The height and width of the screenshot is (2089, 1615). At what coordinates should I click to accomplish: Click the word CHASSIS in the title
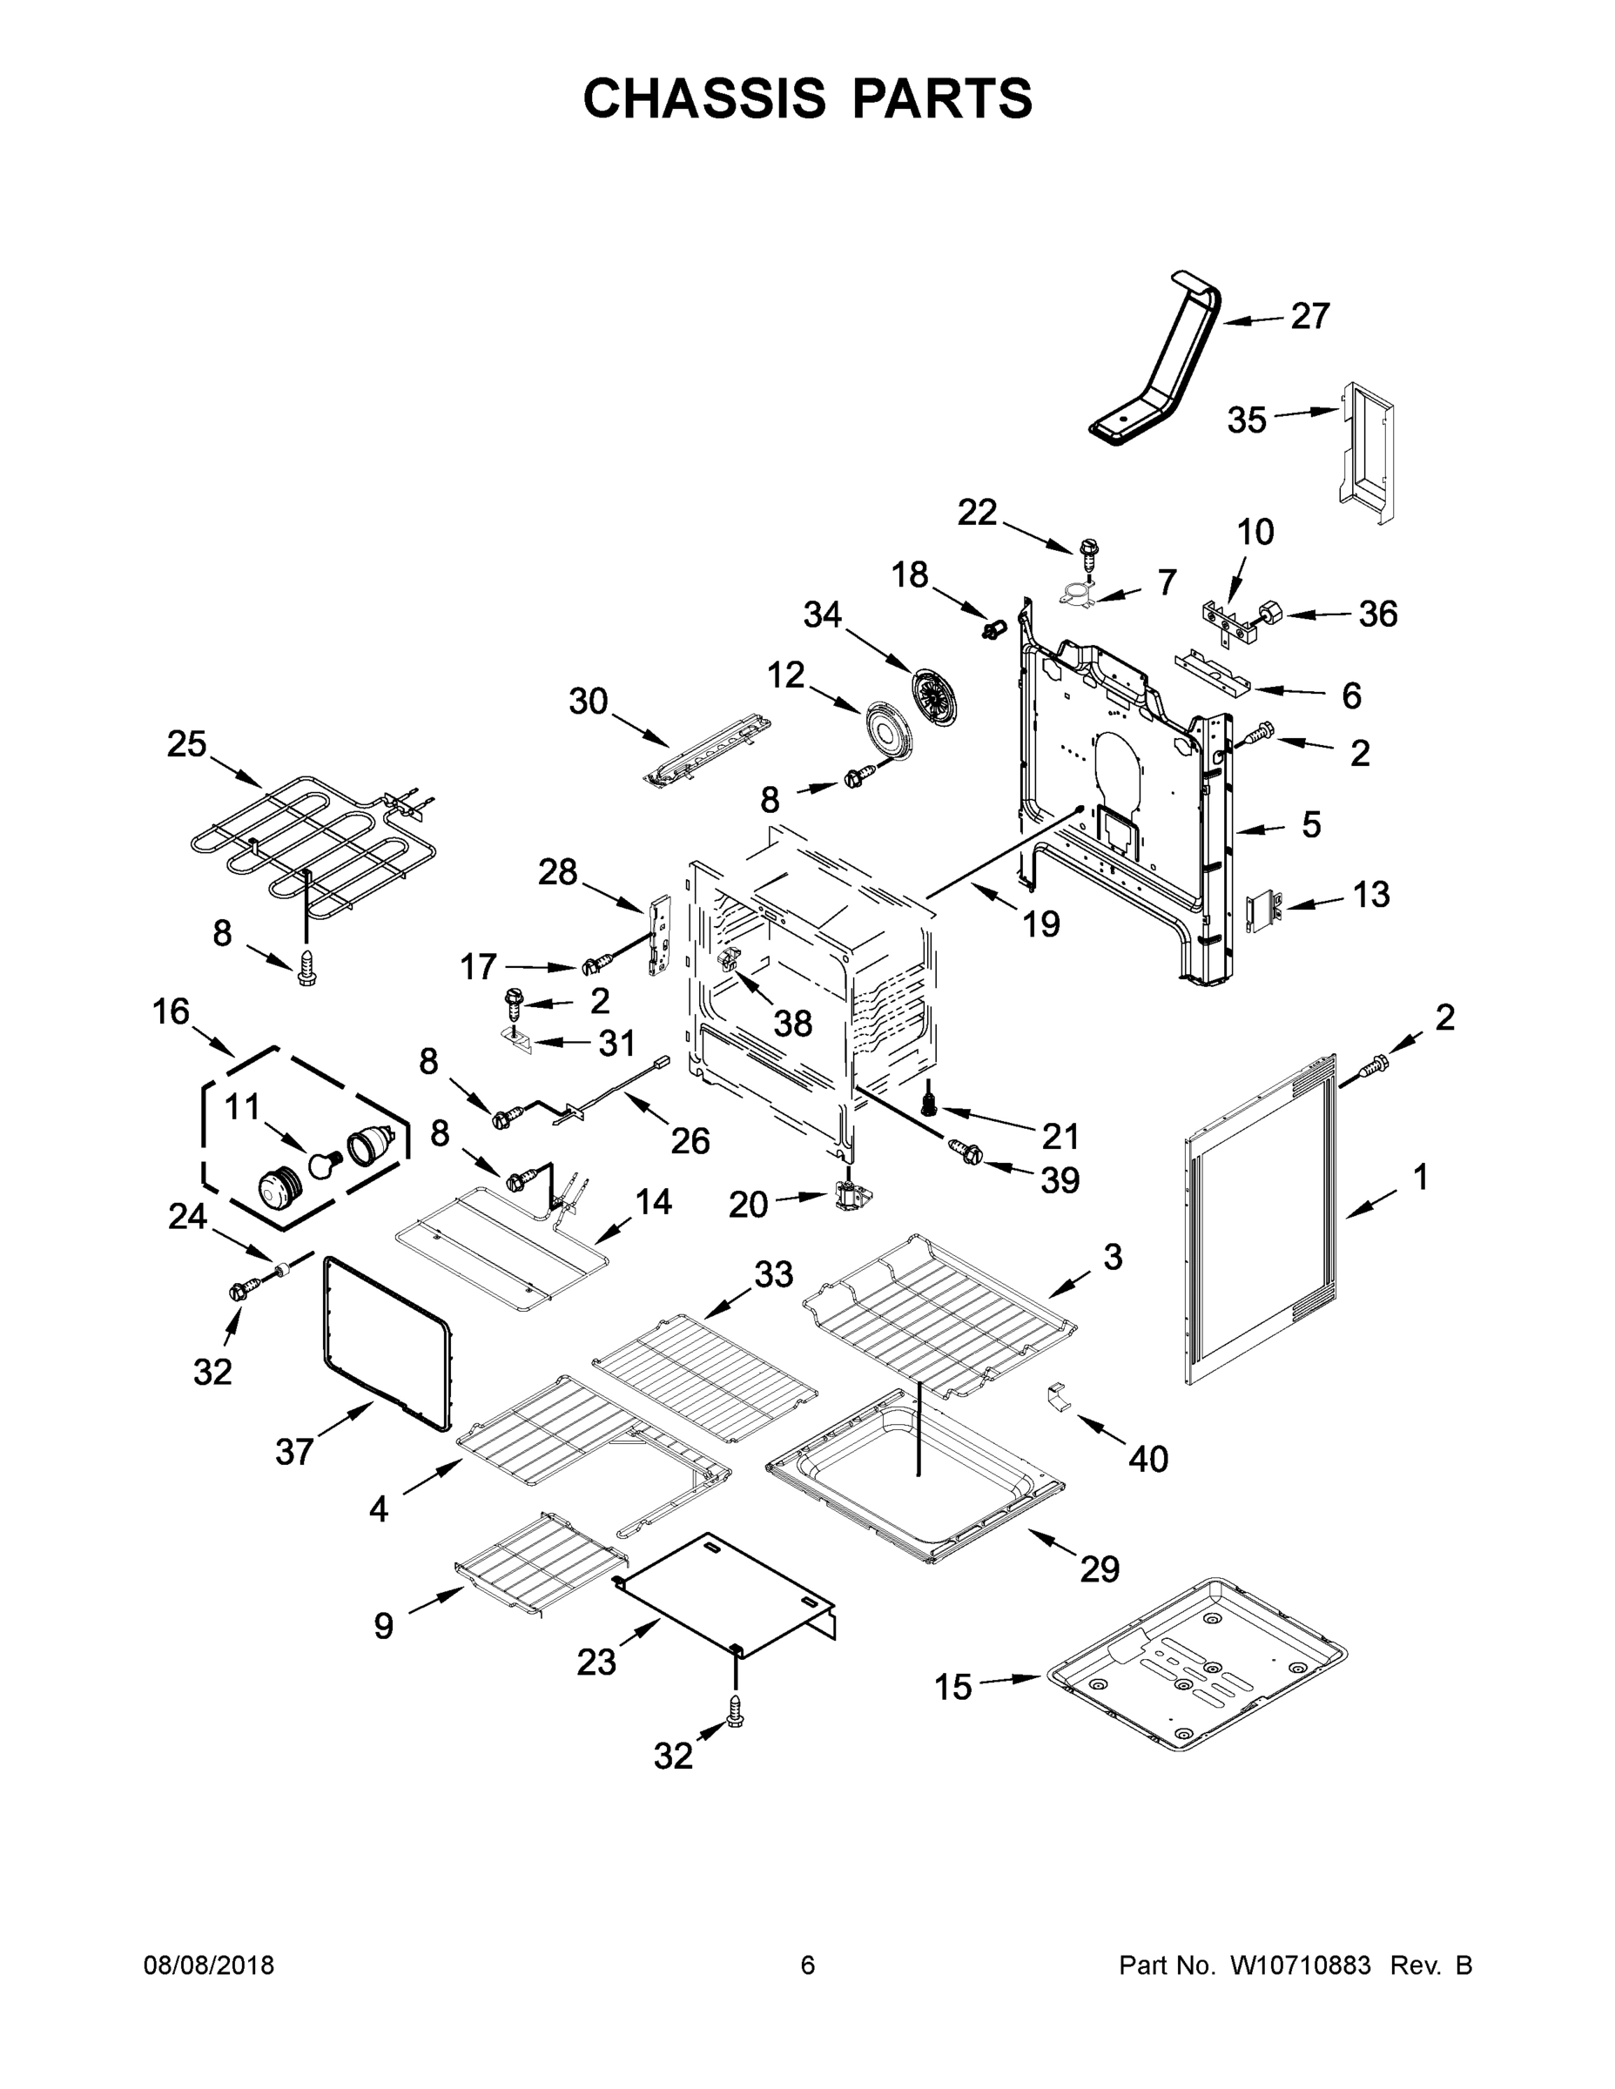click(x=704, y=98)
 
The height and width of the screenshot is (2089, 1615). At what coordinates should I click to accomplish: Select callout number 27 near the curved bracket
click(x=1309, y=317)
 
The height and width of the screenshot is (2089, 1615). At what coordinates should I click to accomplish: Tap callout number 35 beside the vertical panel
click(x=1247, y=420)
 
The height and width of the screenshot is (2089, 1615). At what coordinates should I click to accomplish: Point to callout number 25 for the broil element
click(x=186, y=744)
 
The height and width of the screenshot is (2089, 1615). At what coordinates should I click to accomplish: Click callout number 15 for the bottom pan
click(x=953, y=1689)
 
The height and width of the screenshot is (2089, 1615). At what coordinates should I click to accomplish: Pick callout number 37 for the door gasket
click(x=293, y=1452)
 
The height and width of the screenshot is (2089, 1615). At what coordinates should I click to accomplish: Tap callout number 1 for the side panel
click(x=1420, y=1178)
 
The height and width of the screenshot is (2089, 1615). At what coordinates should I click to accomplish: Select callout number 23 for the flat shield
click(x=596, y=1663)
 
